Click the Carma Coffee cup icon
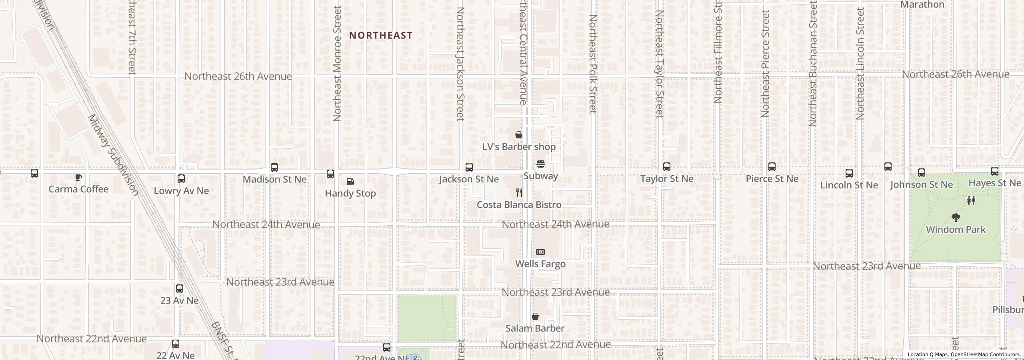click(x=78, y=177)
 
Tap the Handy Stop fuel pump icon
click(x=350, y=182)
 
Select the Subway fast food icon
click(x=540, y=164)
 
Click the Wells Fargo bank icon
click(x=540, y=252)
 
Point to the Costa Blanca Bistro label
click(x=519, y=205)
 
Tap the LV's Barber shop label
click(x=518, y=147)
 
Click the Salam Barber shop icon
click(x=535, y=317)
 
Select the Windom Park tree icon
click(x=956, y=218)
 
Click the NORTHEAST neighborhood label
click(x=380, y=36)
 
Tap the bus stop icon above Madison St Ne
click(x=274, y=168)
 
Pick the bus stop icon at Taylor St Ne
click(x=666, y=167)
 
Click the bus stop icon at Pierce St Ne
click(x=772, y=167)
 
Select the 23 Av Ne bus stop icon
click(x=179, y=289)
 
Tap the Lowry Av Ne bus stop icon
click(x=181, y=179)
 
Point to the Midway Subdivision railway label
click(x=113, y=155)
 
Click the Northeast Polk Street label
click(x=592, y=64)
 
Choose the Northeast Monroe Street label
click(x=337, y=64)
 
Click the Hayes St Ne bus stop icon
click(x=994, y=172)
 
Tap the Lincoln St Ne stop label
click(x=849, y=185)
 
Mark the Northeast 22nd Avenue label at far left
click(x=92, y=339)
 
